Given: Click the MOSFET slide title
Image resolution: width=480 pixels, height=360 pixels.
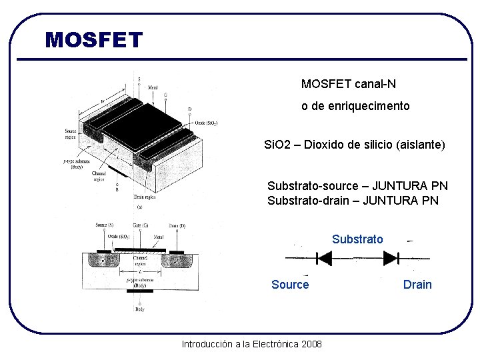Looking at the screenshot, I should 94,40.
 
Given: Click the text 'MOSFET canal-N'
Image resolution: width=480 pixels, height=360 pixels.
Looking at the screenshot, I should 348,84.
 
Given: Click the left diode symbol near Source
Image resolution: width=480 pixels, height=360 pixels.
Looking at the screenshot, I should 324,258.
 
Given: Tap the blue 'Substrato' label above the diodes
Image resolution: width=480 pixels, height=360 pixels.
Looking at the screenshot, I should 357,239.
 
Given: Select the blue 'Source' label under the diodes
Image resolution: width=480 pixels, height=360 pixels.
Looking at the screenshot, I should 290,285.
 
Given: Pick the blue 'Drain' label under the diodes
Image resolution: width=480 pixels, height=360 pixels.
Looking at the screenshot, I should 417,285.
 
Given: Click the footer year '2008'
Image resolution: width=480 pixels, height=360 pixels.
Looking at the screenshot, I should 311,344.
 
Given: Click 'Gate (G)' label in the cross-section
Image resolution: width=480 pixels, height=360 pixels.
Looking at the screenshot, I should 140,226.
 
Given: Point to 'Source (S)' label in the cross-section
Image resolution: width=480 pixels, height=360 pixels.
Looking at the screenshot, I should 104,226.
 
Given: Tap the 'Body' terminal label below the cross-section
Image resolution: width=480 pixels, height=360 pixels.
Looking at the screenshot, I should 140,309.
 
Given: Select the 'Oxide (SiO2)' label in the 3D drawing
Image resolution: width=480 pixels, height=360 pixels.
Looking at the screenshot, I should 206,123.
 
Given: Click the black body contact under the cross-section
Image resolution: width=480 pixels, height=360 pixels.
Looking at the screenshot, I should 140,290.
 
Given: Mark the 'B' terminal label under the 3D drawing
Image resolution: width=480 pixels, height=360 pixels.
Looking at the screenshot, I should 117,189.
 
